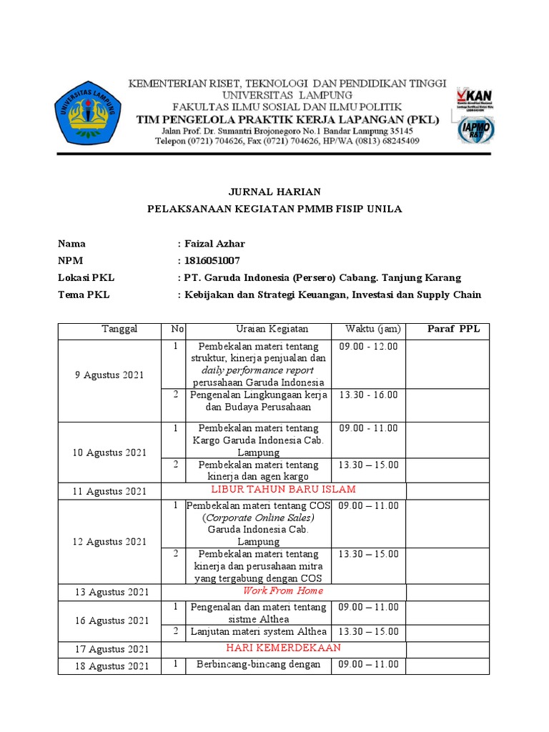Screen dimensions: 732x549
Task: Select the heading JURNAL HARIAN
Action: pyautogui.click(x=274, y=192)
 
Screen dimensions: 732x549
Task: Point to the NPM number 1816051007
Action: pyautogui.click(x=214, y=261)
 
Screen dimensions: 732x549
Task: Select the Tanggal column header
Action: pyautogui.click(x=119, y=329)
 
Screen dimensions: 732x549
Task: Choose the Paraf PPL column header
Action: pyautogui.click(x=454, y=329)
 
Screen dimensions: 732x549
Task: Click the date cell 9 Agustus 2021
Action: pyautogui.click(x=110, y=375)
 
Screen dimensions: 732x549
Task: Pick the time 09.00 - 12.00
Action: pyautogui.click(x=368, y=347)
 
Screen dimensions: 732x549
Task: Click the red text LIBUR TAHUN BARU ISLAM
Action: pyautogui.click(x=283, y=489)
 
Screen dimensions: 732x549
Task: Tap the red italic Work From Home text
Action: pyautogui.click(x=283, y=590)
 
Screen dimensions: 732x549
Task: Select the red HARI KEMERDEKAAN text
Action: pyautogui.click(x=283, y=648)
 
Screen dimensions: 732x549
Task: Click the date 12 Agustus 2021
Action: pyautogui.click(x=110, y=542)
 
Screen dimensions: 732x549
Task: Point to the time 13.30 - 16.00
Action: pyautogui.click(x=368, y=395)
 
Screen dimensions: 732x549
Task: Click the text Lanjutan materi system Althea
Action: pyautogui.click(x=258, y=631)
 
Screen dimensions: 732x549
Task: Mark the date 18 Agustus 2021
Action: pyautogui.click(x=110, y=666)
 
